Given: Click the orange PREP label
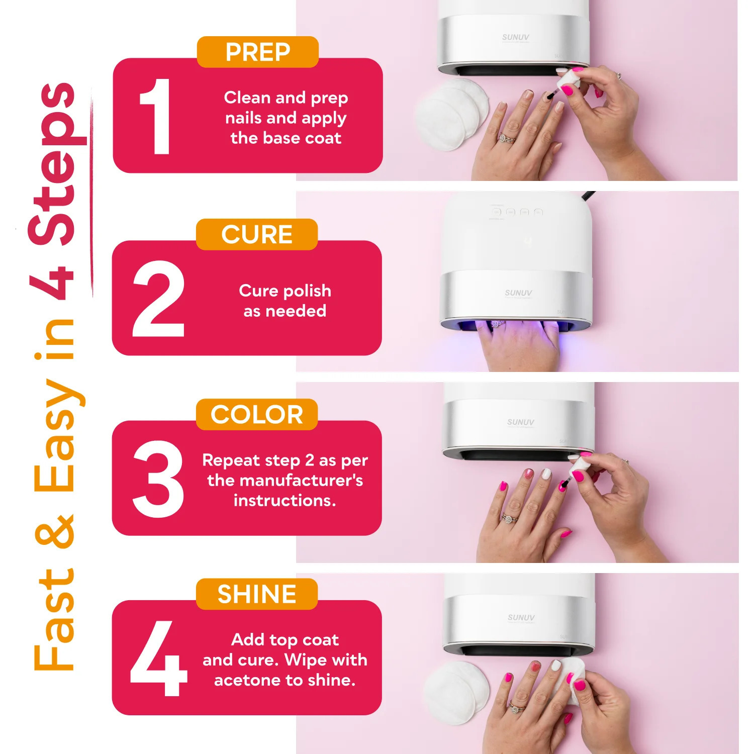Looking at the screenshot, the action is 258,52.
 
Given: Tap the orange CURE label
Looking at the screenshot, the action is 257,234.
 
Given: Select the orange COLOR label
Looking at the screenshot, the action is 257,414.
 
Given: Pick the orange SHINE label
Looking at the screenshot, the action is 257,594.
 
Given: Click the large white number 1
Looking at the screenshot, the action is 156,116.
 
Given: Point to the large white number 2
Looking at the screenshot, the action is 158,299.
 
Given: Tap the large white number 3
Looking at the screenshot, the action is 158,479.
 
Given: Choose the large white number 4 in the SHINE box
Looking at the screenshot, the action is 158,658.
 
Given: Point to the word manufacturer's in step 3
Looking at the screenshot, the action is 285,481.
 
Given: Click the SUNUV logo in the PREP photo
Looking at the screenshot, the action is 516,37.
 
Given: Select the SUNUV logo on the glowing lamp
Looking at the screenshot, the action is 518,293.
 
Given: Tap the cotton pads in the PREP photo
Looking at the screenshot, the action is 452,114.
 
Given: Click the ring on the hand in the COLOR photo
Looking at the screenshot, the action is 509,518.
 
